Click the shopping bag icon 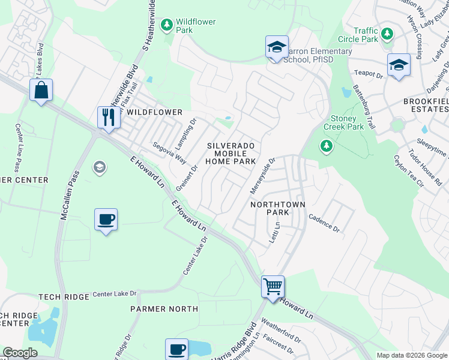click(41, 91)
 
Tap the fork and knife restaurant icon click(109, 116)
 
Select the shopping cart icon click(273, 287)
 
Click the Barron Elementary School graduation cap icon click(277, 47)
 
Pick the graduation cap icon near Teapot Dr click(399, 65)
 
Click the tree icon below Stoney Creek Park click(327, 146)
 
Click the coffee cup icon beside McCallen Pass click(106, 220)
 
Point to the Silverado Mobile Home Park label click(232, 154)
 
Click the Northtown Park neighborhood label click(278, 209)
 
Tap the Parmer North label click(164, 309)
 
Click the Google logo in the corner click(20, 353)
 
